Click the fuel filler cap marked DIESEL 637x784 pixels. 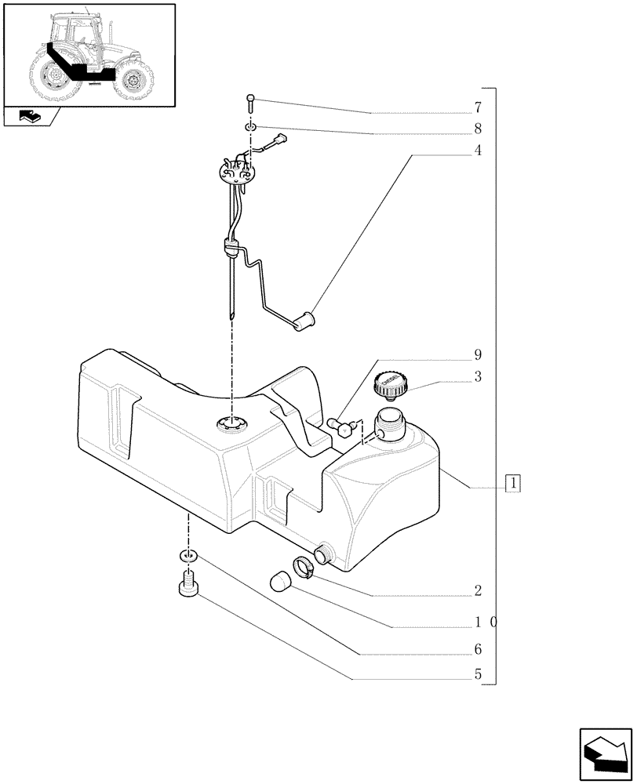tap(390, 384)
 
